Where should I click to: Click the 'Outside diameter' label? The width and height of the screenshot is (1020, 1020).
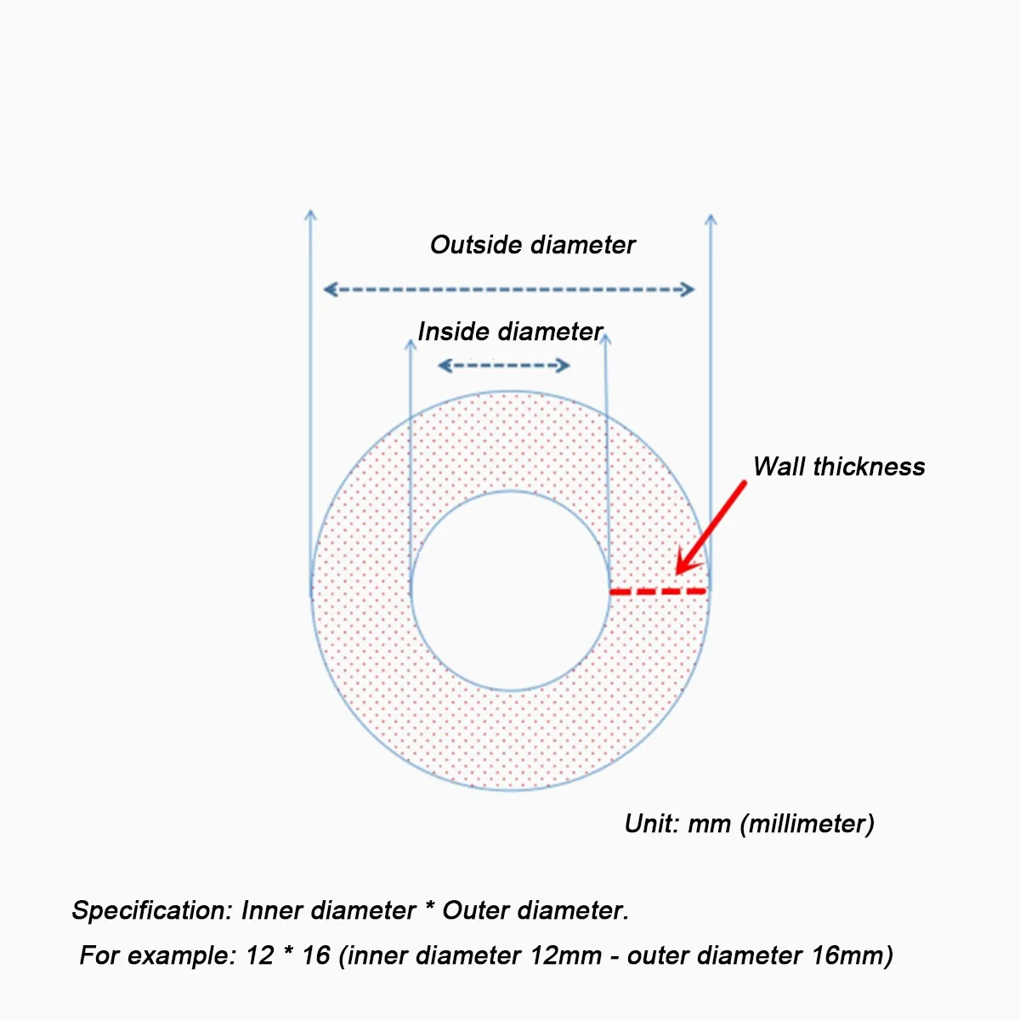[x=532, y=245]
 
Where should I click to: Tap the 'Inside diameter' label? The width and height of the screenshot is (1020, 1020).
[x=510, y=331]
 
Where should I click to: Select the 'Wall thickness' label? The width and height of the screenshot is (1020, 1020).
[x=838, y=467]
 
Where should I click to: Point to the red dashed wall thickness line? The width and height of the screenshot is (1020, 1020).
[x=659, y=590]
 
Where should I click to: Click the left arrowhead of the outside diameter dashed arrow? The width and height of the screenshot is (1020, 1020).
[x=330, y=290]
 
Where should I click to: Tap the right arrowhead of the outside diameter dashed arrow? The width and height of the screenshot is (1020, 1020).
[x=688, y=290]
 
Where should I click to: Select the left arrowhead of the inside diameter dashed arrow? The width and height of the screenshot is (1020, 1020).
[x=443, y=366]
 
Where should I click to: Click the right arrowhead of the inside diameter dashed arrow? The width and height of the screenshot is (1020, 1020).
[x=564, y=366]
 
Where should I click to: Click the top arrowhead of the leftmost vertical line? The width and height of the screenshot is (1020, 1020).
[x=311, y=215]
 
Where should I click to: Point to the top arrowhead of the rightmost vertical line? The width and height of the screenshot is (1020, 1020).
[x=711, y=220]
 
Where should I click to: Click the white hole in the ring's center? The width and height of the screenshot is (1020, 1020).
[x=510, y=591]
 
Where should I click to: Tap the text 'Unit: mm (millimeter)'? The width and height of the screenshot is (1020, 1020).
[x=749, y=824]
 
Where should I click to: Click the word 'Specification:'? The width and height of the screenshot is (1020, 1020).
[x=151, y=910]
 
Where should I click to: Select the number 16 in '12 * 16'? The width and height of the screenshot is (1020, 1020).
[x=315, y=955]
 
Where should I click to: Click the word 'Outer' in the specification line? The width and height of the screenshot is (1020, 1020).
[x=475, y=910]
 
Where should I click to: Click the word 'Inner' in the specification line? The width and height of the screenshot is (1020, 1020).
[x=272, y=910]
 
